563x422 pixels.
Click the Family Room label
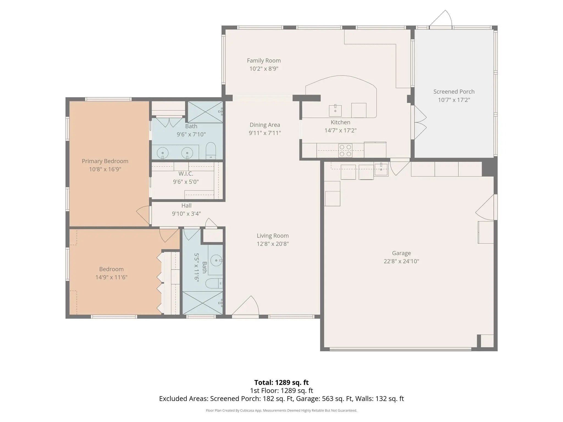[x=264, y=60]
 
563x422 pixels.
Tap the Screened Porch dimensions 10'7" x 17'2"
[x=454, y=100]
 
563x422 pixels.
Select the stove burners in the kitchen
[x=345, y=151]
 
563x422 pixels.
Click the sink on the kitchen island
[x=335, y=111]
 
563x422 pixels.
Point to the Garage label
[x=401, y=253]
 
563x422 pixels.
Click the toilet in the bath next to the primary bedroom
[x=211, y=151]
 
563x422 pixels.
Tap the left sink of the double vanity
[x=163, y=153]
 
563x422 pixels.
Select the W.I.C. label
[x=186, y=174]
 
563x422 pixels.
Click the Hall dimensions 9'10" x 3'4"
[x=186, y=213]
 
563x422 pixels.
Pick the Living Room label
[x=273, y=236]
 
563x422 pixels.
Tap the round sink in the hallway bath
[x=216, y=260]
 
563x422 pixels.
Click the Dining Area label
[x=265, y=125]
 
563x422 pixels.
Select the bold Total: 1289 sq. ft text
[x=281, y=382]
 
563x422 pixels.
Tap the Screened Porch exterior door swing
[x=441, y=18]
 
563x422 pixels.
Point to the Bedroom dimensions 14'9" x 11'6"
[x=111, y=277]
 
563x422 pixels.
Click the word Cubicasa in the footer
[x=247, y=410]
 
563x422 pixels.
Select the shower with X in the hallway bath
[x=202, y=303]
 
